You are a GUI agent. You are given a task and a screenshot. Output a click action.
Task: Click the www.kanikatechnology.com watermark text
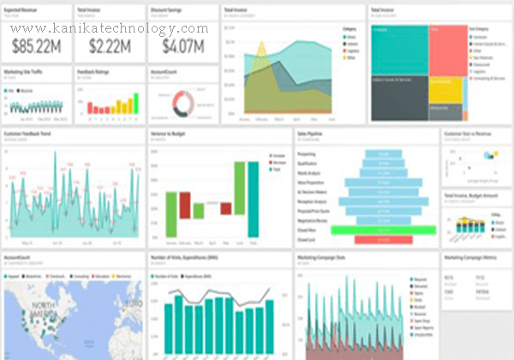pos(110,27)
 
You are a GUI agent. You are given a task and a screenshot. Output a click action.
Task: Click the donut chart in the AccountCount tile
pos(183,104)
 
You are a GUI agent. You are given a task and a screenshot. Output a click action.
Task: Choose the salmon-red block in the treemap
pos(448,50)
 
